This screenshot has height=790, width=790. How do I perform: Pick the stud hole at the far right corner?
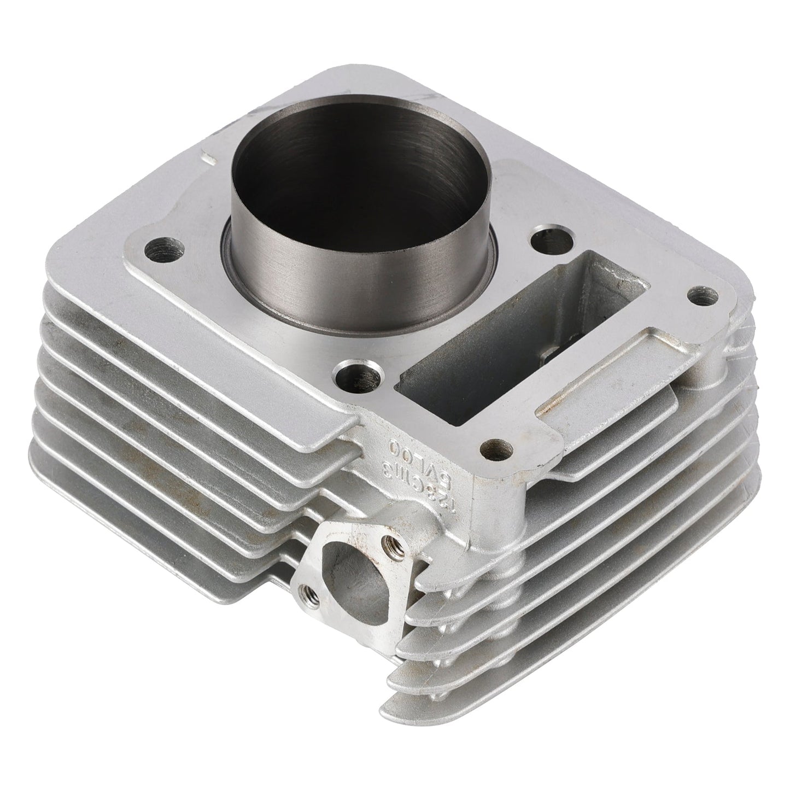[703, 296]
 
